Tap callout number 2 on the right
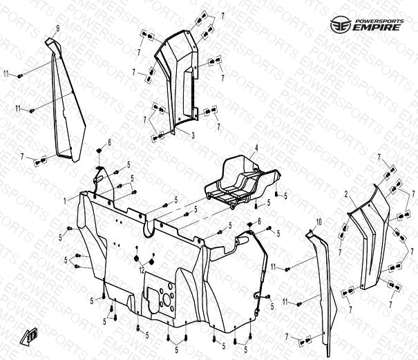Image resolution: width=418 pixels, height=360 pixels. [x=346, y=196]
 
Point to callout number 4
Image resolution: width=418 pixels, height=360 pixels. [x=255, y=149]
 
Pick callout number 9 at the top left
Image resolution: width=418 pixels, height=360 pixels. [x=58, y=28]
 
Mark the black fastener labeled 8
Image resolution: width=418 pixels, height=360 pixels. [x=99, y=152]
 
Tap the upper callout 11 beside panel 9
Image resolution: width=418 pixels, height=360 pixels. [x=7, y=73]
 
